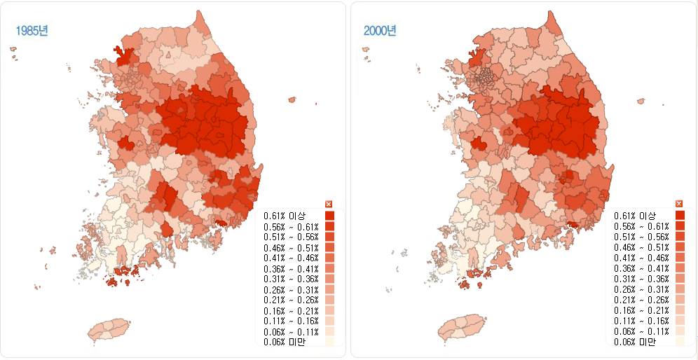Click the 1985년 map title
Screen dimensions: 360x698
click(x=33, y=31)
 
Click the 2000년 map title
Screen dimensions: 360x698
click(x=379, y=31)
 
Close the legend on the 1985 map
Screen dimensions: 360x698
click(x=329, y=203)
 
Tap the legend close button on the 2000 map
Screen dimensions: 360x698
click(x=679, y=203)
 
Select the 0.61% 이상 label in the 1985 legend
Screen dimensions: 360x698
click(x=282, y=216)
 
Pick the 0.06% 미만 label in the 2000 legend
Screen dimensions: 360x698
click(x=634, y=342)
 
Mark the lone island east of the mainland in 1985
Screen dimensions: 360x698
click(x=292, y=100)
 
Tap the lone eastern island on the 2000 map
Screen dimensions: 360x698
click(x=641, y=101)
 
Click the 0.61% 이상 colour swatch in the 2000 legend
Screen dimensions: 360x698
click(x=679, y=216)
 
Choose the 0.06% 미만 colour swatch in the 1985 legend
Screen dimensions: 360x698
click(x=329, y=342)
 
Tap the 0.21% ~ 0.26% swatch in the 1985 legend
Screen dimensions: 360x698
click(x=329, y=300)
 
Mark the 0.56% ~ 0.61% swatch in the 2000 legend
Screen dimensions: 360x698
click(x=679, y=226)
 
